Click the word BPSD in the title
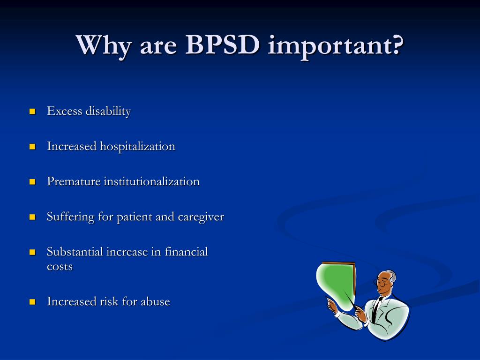[223, 45]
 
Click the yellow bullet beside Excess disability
[32, 112]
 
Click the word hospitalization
[137, 147]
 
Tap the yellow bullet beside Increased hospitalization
[32, 147]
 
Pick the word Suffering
[70, 217]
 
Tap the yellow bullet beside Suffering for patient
[32, 217]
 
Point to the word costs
[60, 267]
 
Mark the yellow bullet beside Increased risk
[32, 301]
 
